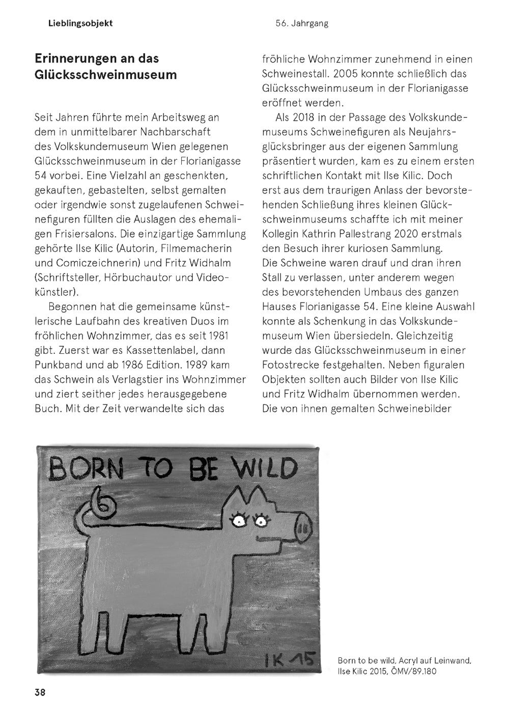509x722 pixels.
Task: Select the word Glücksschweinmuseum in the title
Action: (106, 74)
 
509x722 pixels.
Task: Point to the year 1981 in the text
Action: (217, 336)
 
